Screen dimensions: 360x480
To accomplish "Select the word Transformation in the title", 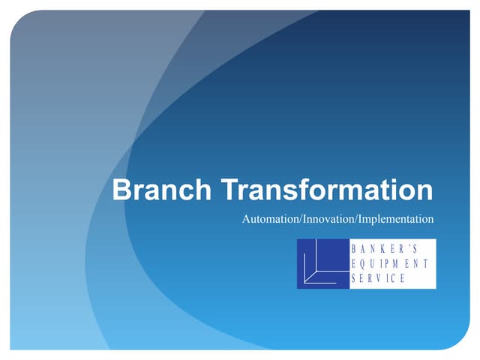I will tap(328, 190).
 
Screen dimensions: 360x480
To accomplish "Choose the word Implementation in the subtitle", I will tap(397, 220).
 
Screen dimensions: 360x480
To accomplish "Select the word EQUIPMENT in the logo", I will tap(389, 263).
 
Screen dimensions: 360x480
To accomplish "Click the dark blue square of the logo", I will tap(322, 263).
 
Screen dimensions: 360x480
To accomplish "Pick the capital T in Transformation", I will tap(230, 190).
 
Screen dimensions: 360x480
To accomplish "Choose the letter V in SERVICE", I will tap(382, 278).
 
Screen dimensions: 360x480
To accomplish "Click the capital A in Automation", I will tap(247, 220).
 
